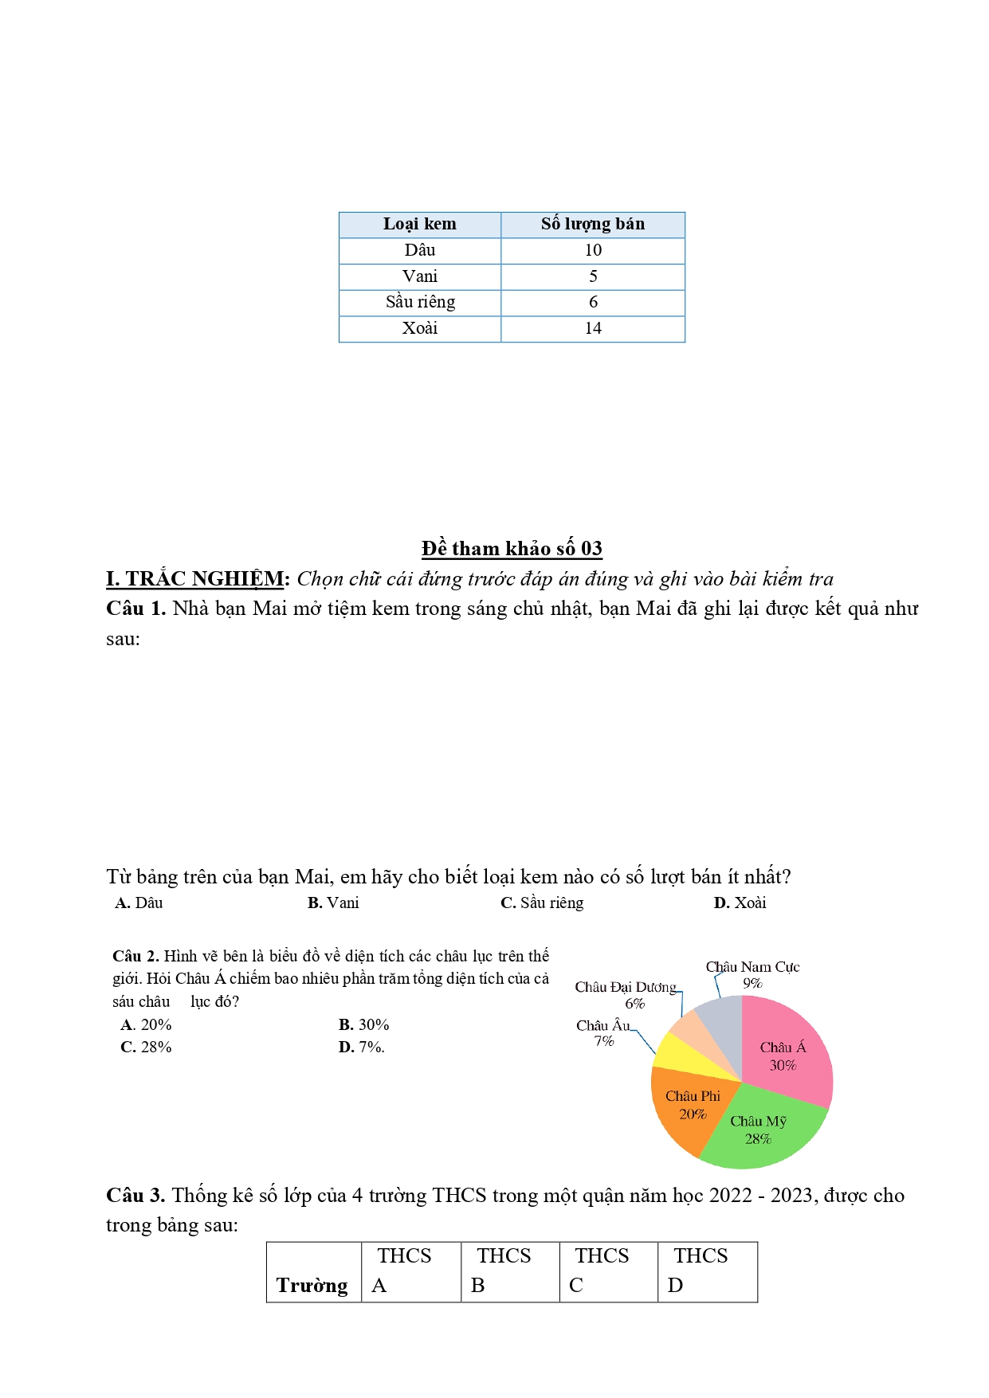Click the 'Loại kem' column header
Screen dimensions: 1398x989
pos(420,225)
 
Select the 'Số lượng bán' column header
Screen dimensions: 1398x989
pos(592,225)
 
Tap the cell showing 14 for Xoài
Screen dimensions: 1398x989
pos(592,328)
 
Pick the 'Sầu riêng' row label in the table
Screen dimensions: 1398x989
pos(420,302)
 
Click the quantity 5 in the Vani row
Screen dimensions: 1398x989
pos(592,276)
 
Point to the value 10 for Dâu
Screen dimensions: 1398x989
pos(592,250)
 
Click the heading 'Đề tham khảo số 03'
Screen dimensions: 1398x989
pos(512,548)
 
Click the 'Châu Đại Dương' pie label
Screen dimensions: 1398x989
pos(626,988)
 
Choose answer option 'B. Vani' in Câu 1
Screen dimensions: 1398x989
pos(333,903)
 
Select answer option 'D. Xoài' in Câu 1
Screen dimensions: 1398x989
pos(740,903)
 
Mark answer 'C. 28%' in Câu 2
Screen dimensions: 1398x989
pos(146,1047)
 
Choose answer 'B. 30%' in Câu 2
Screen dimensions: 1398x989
pos(363,1024)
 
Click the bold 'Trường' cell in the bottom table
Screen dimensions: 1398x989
pos(312,1286)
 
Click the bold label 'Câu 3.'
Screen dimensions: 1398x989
pos(135,1195)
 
